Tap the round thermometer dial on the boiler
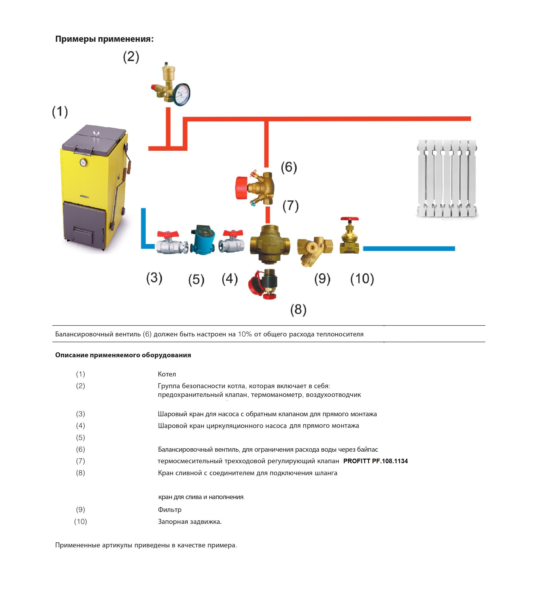point(83,162)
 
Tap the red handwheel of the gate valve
point(350,219)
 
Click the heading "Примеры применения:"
point(104,39)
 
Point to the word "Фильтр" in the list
point(170,510)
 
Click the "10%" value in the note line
point(245,334)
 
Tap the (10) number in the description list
point(80,521)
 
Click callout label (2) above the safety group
point(131,57)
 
